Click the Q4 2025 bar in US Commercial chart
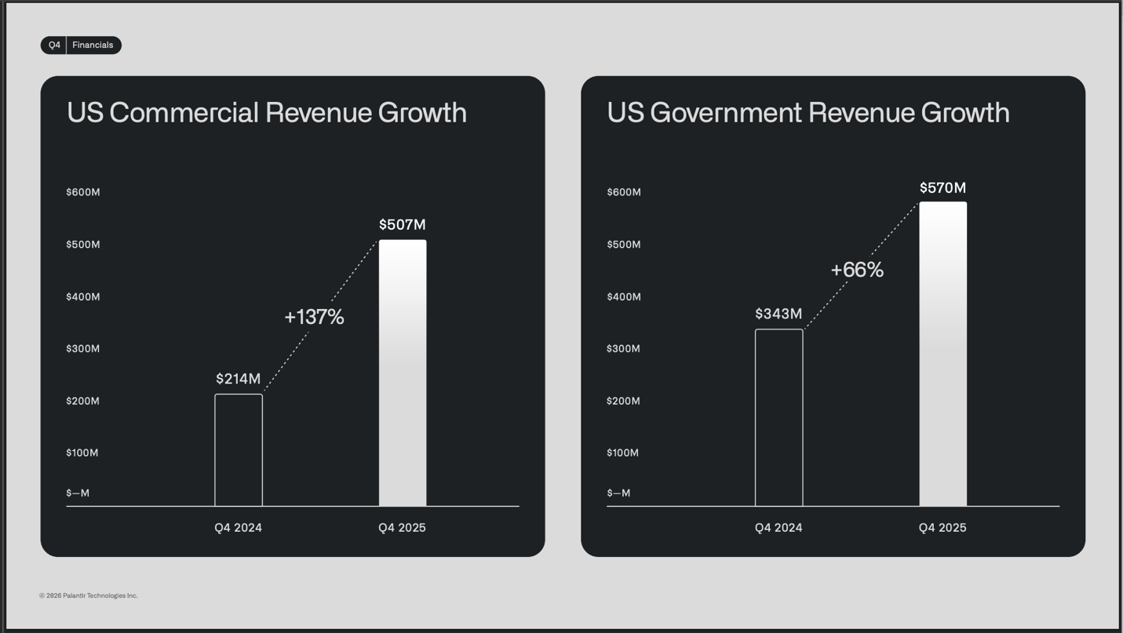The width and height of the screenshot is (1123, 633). (x=403, y=373)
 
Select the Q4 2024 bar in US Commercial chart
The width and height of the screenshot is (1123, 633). (x=239, y=450)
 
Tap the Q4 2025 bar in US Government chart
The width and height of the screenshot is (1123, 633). (x=943, y=354)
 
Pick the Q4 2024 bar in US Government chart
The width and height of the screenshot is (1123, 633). (x=778, y=417)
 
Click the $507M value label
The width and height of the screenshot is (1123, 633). (x=402, y=225)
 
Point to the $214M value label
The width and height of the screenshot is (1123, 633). (x=238, y=379)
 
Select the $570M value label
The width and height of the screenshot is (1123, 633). (x=943, y=188)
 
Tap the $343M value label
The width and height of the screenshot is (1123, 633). (x=778, y=314)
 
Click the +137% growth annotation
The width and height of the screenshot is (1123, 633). (x=314, y=317)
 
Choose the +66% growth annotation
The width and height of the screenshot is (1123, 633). (x=857, y=270)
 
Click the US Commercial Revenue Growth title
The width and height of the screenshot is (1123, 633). (x=267, y=113)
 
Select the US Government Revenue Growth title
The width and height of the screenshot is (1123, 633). (x=808, y=113)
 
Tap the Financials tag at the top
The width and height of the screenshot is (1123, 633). (x=93, y=45)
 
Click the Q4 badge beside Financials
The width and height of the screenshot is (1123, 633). (x=54, y=45)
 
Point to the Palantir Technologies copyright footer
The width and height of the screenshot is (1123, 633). (x=89, y=596)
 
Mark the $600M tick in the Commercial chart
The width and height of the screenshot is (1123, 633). (x=83, y=192)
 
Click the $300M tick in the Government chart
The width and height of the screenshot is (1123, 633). (x=623, y=349)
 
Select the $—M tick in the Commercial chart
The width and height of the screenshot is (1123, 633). (x=78, y=493)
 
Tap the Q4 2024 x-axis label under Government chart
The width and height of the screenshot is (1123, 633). (x=778, y=528)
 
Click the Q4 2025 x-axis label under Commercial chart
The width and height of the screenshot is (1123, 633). (x=402, y=528)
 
